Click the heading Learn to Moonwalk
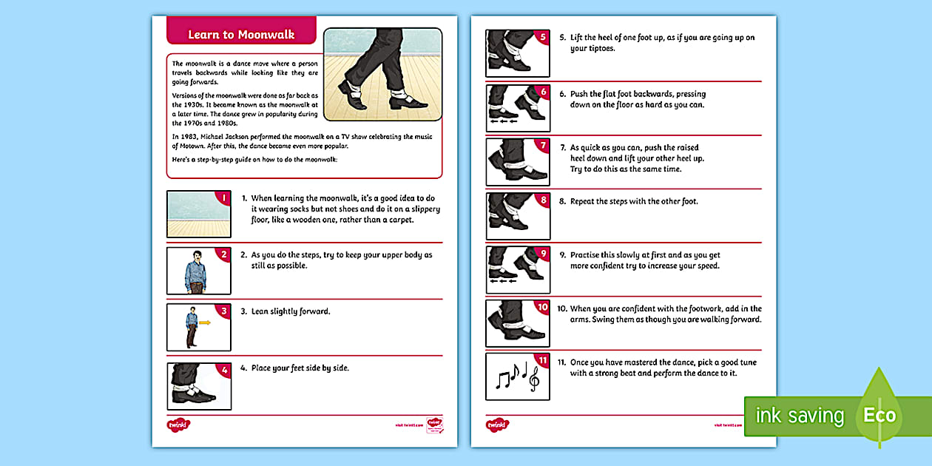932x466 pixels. pyautogui.click(x=241, y=35)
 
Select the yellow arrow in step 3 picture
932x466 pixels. pyautogui.click(x=205, y=323)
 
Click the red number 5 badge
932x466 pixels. pyautogui.click(x=543, y=37)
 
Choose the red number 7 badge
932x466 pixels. pyautogui.click(x=543, y=145)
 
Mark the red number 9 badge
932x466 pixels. pyautogui.click(x=543, y=253)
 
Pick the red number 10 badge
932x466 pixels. pyautogui.click(x=542, y=307)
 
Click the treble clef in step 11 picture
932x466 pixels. pyautogui.click(x=533, y=379)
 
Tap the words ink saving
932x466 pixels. pyautogui.click(x=799, y=416)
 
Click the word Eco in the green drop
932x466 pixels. pyautogui.click(x=879, y=415)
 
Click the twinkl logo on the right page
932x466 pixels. pyautogui.click(x=498, y=425)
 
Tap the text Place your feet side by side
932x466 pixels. pyautogui.click(x=300, y=368)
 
